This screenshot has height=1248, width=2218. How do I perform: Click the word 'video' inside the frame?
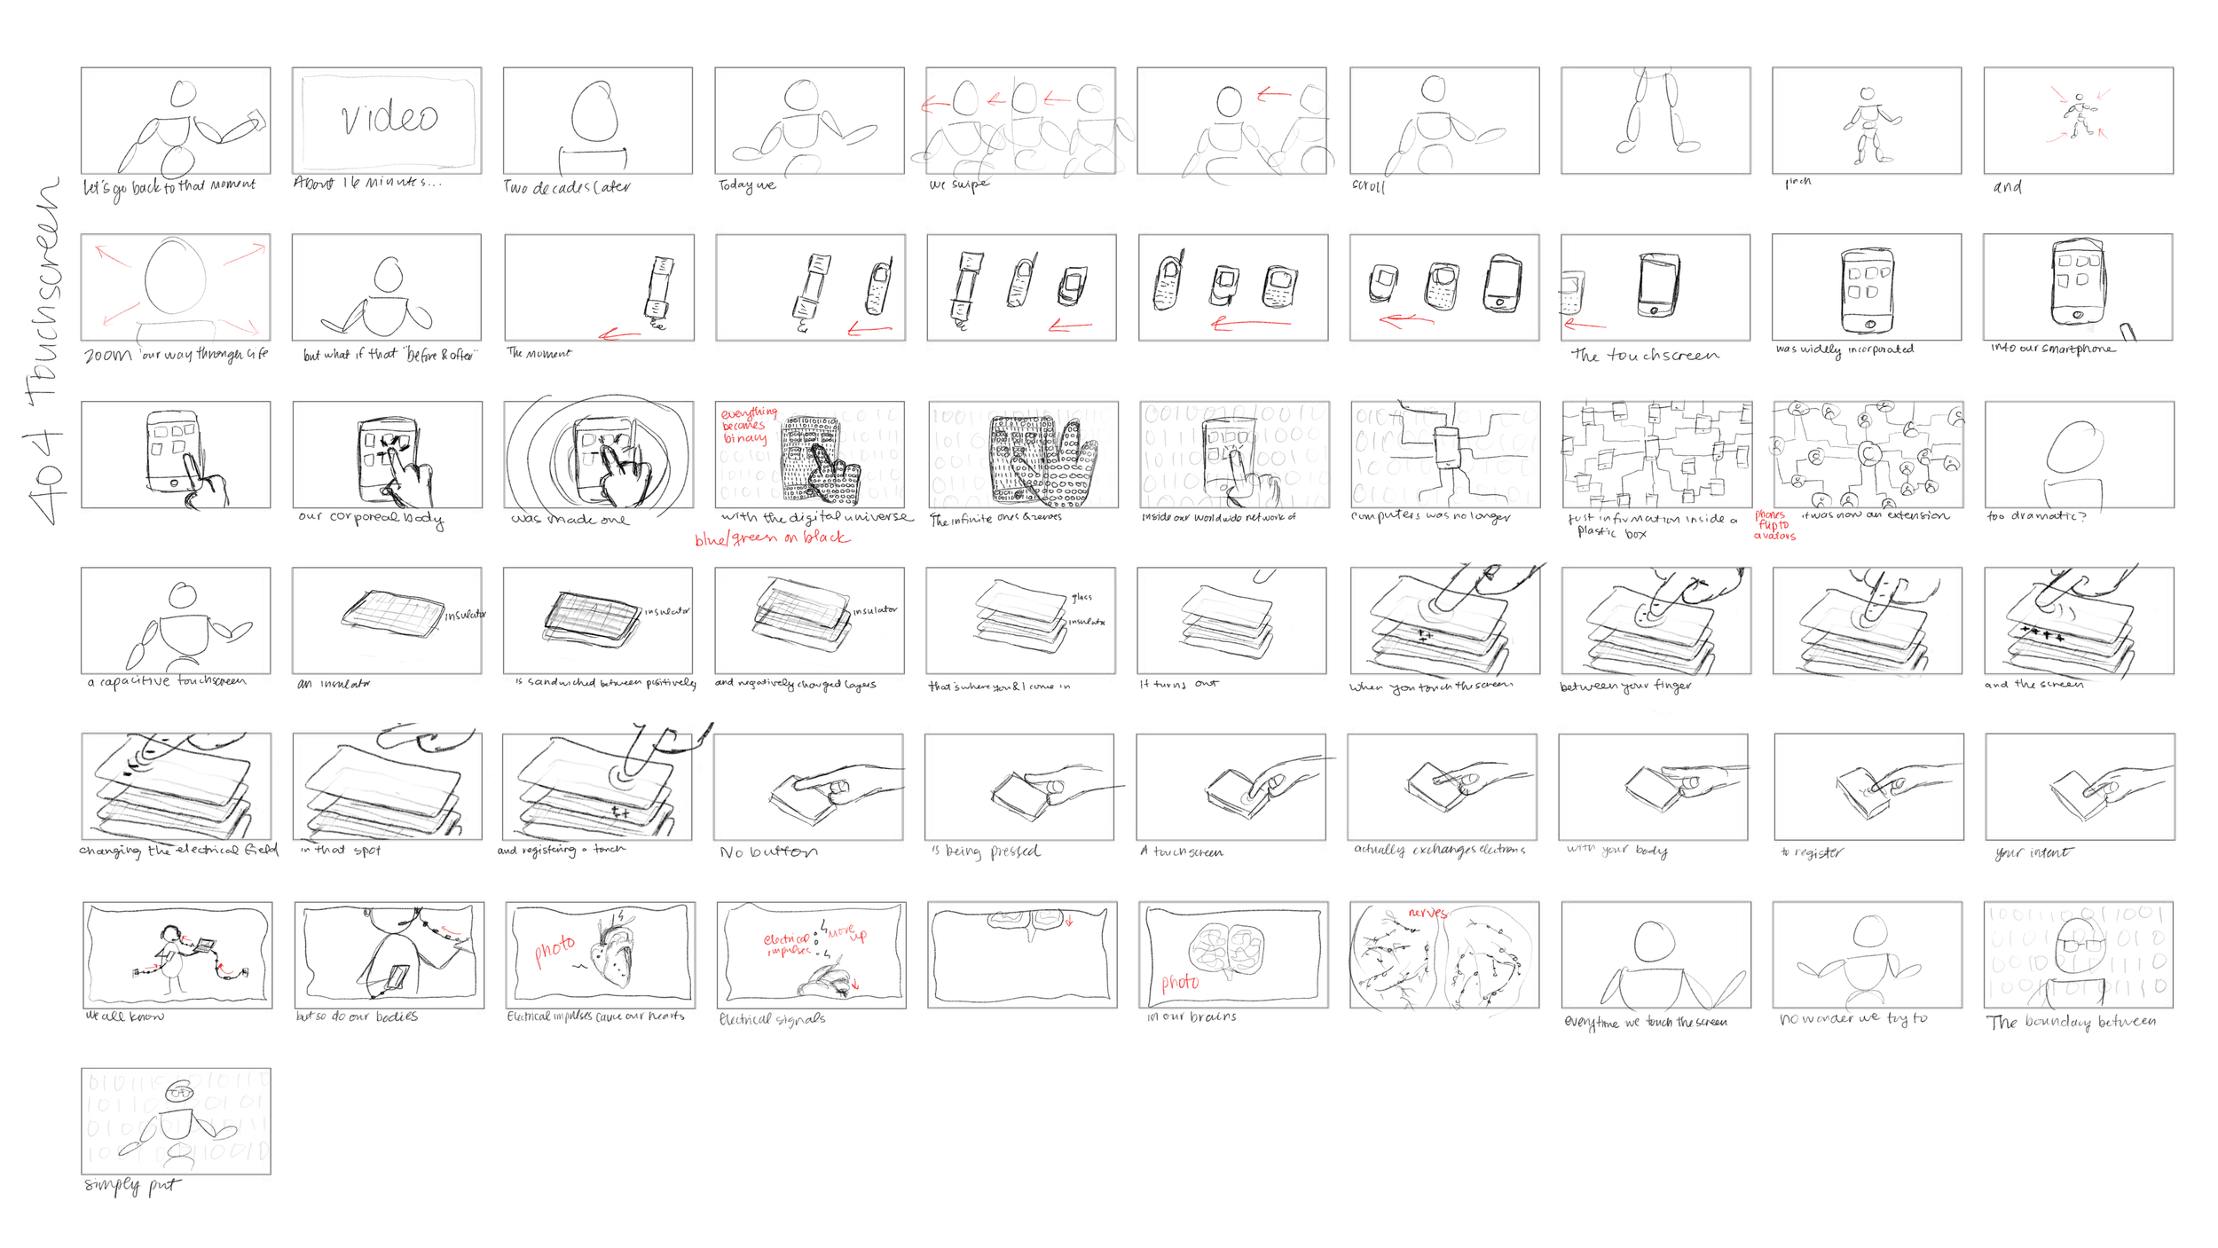click(389, 118)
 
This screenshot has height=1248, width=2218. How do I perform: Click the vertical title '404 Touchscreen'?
click(45, 350)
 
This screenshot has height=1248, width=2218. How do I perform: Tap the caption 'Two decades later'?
click(567, 187)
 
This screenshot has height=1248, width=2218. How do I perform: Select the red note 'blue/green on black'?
click(772, 538)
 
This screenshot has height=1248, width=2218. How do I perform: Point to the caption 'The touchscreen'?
click(1644, 356)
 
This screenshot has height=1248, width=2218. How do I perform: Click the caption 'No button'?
click(768, 852)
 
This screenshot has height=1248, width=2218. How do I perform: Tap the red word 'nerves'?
click(1427, 913)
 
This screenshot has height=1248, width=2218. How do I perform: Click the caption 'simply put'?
click(131, 1185)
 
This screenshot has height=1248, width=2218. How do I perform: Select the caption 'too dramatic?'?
click(2035, 516)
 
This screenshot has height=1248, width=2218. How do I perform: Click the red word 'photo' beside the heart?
click(554, 950)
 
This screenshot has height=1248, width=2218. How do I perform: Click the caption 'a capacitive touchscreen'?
click(167, 681)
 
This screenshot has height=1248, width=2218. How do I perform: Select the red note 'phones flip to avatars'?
click(1774, 525)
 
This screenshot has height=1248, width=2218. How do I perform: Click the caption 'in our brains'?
click(1192, 1016)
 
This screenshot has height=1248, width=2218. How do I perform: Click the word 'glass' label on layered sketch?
click(1081, 597)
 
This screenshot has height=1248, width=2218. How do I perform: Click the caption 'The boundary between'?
click(2070, 1022)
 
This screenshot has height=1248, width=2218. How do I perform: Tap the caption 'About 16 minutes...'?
click(366, 183)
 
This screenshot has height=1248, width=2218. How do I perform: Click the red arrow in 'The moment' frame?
click(618, 334)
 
